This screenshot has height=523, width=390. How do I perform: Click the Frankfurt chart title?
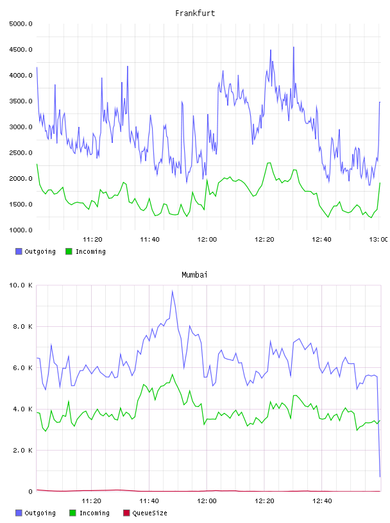(195, 13)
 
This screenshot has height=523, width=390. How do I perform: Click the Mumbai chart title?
(194, 274)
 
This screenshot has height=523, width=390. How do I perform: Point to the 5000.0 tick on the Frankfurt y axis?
(21, 24)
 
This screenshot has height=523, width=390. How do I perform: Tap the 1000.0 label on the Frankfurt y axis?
(21, 230)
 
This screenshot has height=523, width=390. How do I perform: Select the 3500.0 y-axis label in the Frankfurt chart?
(21, 101)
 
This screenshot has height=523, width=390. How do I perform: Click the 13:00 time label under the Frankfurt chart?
(378, 239)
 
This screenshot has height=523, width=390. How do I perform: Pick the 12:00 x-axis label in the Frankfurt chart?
(207, 239)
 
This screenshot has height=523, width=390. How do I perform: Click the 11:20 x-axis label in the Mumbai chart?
(92, 501)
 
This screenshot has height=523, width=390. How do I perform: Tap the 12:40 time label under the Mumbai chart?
(322, 501)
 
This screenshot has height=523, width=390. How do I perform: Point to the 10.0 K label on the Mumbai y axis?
(21, 285)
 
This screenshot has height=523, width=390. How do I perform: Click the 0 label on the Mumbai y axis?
(30, 492)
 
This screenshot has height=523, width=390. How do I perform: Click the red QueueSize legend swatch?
(126, 513)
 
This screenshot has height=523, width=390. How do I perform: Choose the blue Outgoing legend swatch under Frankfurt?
(19, 251)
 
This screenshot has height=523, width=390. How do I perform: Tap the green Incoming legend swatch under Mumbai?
(72, 513)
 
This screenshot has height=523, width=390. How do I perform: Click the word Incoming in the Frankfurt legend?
(90, 251)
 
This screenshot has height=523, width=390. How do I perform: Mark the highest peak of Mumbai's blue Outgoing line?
(173, 291)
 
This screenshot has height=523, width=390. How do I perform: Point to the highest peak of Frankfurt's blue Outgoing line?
(294, 47)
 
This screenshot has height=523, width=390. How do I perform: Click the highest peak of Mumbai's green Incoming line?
(173, 374)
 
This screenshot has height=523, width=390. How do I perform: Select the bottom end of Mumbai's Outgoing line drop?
(380, 477)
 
